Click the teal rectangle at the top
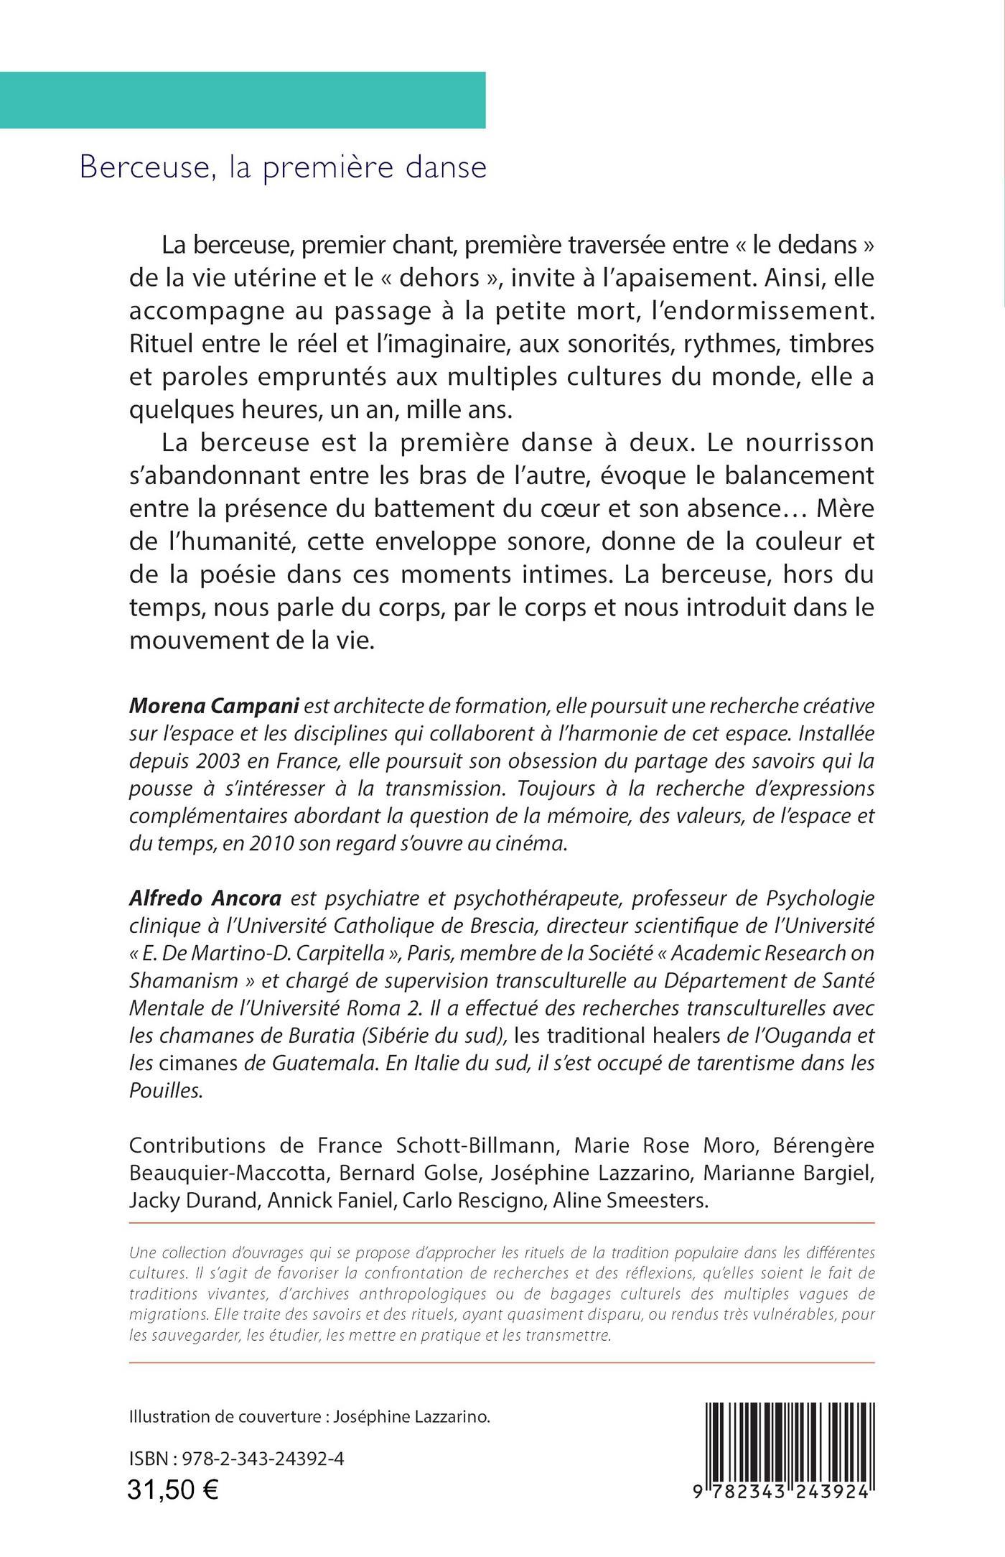coord(243,100)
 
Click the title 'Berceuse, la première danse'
coord(283,167)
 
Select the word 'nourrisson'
coord(812,442)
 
